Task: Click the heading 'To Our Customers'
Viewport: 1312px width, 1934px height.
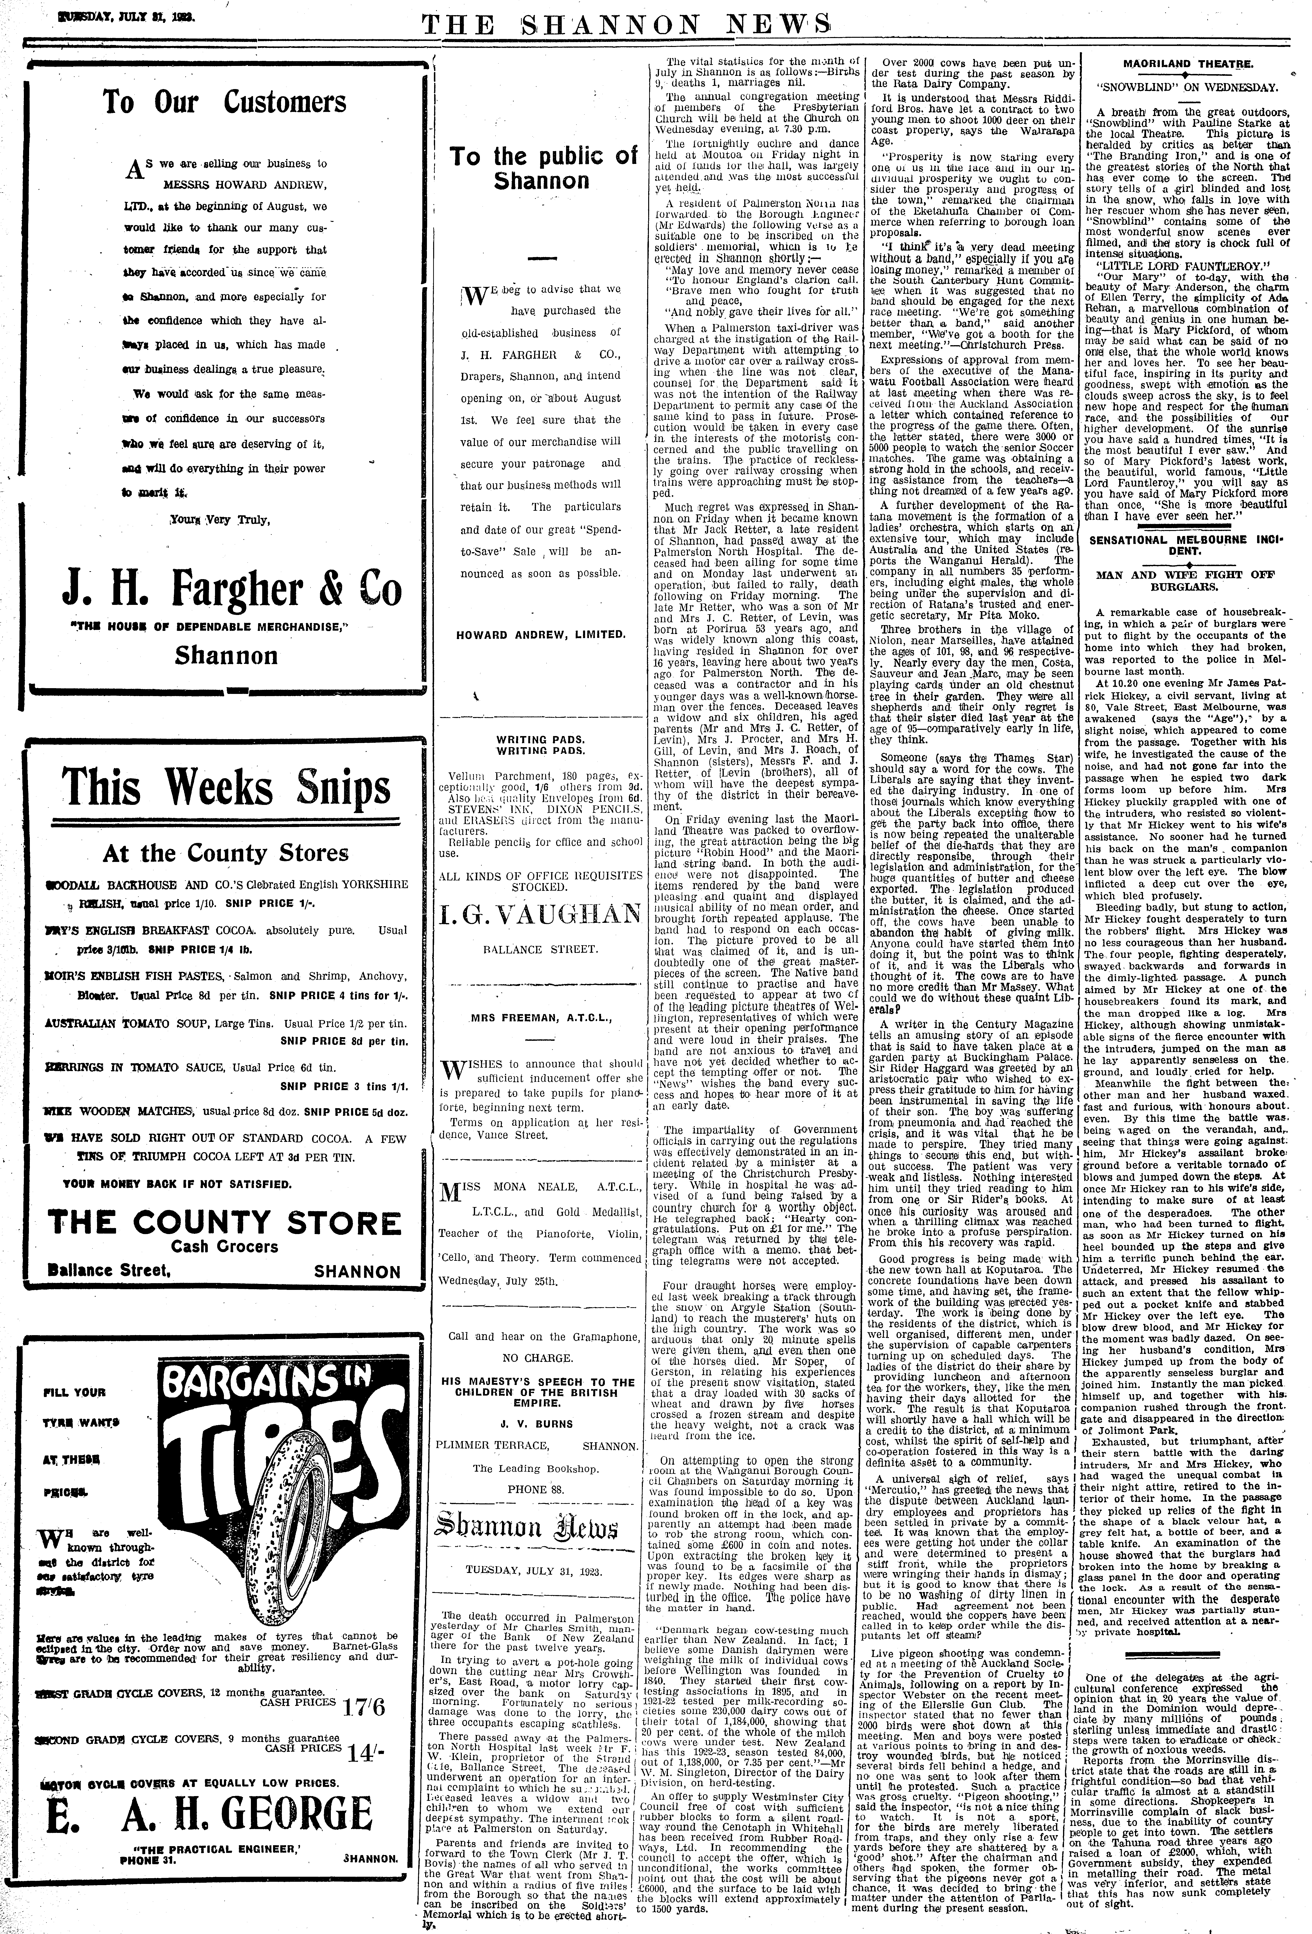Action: [x=225, y=102]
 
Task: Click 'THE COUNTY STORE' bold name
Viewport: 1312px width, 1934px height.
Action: [x=225, y=1222]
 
